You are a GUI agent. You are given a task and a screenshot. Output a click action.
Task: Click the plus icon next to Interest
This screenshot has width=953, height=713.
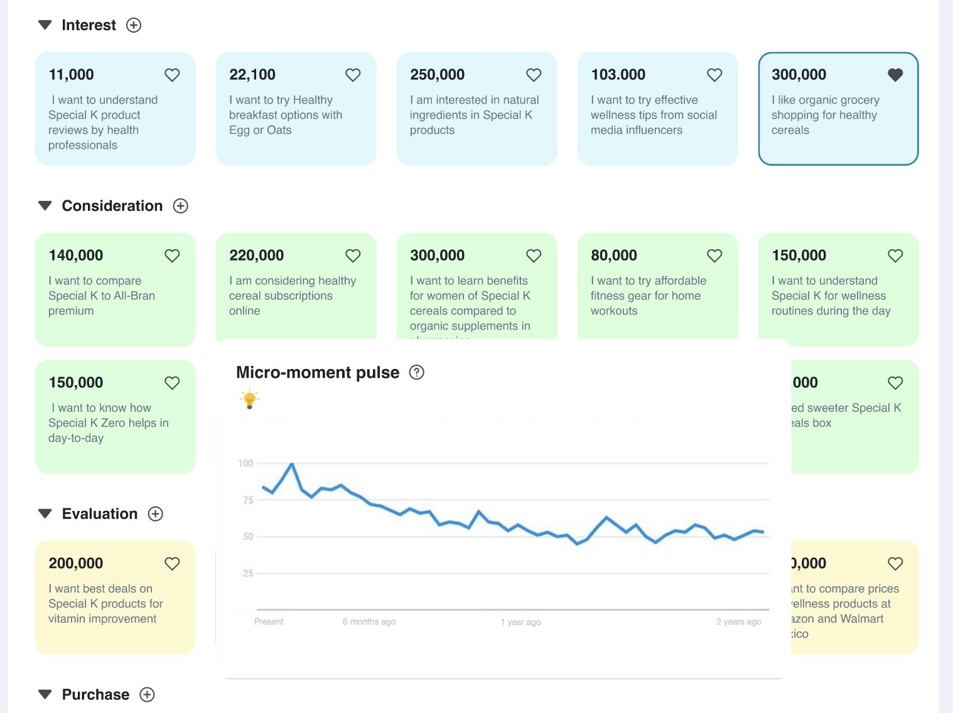(134, 25)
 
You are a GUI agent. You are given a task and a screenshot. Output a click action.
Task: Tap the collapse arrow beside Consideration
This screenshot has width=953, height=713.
(45, 206)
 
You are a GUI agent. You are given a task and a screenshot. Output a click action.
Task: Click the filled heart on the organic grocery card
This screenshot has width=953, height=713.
(895, 75)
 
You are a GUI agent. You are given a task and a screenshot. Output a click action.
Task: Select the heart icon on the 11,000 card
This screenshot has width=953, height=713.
(172, 75)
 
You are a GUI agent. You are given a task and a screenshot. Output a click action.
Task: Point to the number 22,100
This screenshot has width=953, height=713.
(252, 75)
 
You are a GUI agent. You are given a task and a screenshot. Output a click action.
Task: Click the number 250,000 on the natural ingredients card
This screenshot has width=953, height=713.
(437, 75)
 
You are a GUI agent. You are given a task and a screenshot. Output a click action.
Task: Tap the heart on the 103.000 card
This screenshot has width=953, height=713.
(714, 75)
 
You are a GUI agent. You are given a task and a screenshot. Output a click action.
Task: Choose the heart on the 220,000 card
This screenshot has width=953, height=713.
(353, 256)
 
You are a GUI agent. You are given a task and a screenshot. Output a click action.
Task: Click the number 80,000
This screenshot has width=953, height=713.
(613, 255)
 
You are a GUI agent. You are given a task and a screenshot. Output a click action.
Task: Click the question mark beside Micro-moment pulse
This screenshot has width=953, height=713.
(417, 372)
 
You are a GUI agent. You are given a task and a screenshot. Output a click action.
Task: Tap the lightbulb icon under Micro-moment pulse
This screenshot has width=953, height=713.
(249, 399)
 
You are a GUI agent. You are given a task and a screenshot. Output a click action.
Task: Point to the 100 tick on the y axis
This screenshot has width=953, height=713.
(245, 463)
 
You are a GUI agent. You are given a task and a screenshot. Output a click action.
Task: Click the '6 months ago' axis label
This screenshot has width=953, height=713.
(369, 622)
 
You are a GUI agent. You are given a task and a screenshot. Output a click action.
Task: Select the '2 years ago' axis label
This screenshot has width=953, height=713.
(738, 622)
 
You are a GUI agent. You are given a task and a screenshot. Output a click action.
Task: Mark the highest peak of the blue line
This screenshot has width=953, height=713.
(291, 464)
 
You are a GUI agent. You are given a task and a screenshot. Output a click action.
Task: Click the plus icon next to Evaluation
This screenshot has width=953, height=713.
(155, 514)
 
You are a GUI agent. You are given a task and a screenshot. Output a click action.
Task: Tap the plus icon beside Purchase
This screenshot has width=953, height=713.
(147, 695)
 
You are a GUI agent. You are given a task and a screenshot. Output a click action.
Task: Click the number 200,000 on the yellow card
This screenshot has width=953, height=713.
(76, 564)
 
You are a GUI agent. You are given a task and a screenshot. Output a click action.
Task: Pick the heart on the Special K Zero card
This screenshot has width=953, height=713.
(172, 383)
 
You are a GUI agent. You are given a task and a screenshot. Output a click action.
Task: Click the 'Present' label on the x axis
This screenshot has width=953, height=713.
(269, 622)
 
